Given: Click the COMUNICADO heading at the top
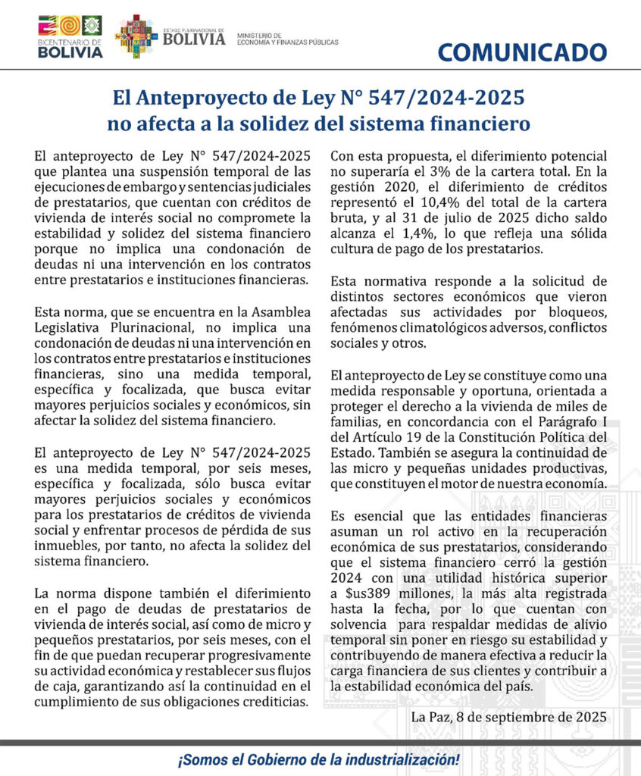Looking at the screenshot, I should tap(522, 52).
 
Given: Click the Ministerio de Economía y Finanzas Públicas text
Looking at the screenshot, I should tap(287, 39).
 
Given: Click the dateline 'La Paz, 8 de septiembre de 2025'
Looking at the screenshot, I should tap(508, 716).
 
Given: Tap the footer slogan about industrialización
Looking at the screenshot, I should tap(320, 759).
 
